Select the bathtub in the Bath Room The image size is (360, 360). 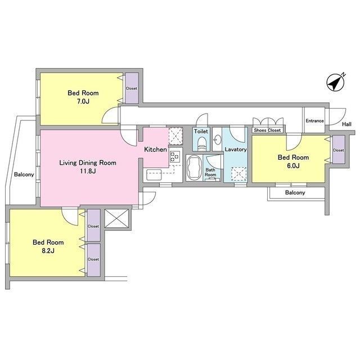tap(194, 168)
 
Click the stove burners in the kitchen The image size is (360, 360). tap(174, 156)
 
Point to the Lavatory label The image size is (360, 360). tap(236, 150)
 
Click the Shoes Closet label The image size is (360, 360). tap(267, 130)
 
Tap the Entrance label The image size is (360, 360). tap(314, 121)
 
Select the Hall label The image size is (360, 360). tap(346, 124)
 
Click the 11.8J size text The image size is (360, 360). tap(88, 171)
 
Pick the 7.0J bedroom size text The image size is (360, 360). tap(83, 101)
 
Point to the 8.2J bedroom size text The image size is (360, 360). tap(48, 250)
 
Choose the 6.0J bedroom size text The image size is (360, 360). tap(293, 166)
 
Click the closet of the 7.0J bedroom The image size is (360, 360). tap(132, 88)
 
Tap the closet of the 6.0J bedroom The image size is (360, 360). tap(339, 150)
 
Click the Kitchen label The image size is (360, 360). tap(155, 150)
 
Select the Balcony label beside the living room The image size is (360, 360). tap(24, 174)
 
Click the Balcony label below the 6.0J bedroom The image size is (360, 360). tap(295, 192)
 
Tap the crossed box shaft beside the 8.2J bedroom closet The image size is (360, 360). tap(116, 218)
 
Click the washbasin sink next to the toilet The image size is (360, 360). tap(218, 139)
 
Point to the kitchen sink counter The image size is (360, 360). tap(154, 175)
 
